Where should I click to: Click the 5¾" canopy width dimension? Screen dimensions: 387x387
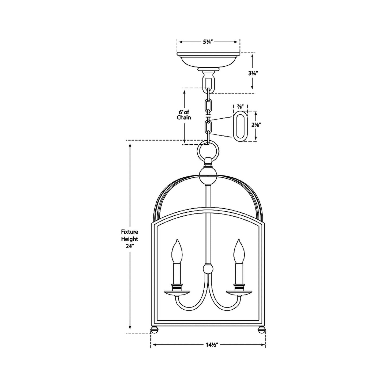point(208,42)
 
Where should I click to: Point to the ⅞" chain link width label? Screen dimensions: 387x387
point(240,107)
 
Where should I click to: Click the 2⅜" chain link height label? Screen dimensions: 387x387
point(256,125)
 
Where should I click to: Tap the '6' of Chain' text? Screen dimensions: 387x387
point(184,115)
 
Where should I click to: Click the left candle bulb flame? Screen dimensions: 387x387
point(177,251)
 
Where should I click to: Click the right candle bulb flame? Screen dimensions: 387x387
point(239,251)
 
